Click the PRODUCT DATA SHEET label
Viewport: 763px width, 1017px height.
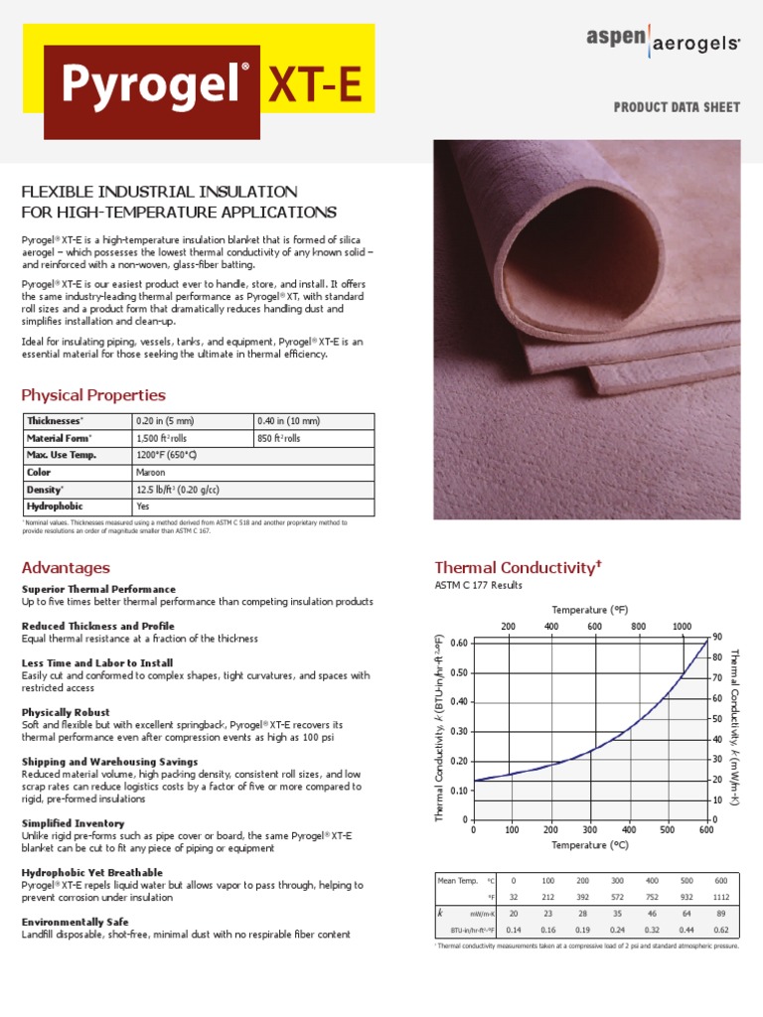click(x=677, y=107)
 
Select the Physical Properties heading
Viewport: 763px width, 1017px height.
click(x=93, y=395)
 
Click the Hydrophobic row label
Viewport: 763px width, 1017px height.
click(x=56, y=507)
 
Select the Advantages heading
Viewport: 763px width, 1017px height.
click(x=66, y=568)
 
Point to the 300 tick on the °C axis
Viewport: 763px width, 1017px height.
click(x=590, y=829)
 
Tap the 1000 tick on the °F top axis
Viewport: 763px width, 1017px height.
click(x=682, y=627)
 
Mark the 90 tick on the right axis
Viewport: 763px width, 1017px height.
click(x=717, y=636)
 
